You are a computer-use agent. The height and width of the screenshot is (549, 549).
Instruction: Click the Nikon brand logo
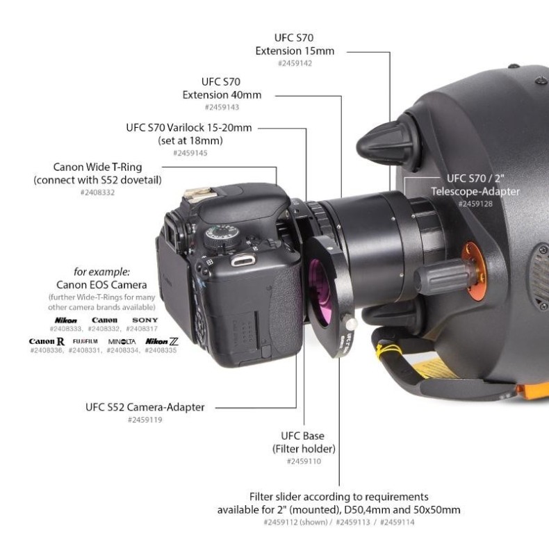[67, 320]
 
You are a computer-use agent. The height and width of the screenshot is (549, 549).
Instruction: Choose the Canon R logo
[47, 342]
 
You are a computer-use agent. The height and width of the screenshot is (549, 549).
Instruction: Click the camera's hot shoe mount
[202, 196]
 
